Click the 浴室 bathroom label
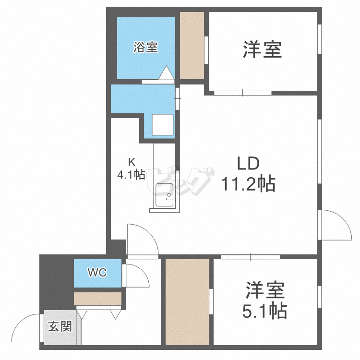pos(145,47)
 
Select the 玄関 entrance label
pos(60,327)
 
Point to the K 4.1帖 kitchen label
pos(131,169)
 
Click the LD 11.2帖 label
pos(248,173)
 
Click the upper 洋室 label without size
pos(262,49)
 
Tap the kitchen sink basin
pos(165,195)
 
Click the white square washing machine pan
pos(162,125)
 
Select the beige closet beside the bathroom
pos(192,45)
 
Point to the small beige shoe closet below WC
pos(98,299)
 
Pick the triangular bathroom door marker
pos(166,73)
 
